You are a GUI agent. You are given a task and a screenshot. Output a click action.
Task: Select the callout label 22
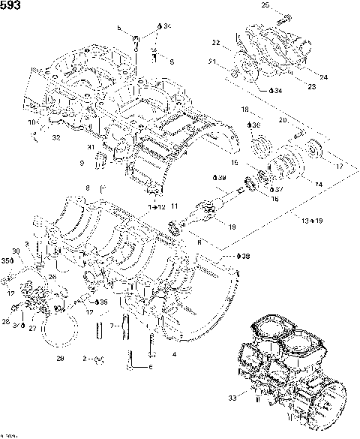tap(215, 42)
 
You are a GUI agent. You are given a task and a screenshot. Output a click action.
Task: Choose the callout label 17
tap(340, 166)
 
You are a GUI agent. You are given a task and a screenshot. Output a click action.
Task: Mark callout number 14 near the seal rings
tap(318, 183)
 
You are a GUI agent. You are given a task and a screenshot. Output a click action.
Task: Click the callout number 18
tap(244, 110)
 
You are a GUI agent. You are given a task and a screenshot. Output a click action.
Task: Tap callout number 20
tap(283, 120)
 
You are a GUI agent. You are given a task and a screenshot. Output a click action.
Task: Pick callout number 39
tap(220, 177)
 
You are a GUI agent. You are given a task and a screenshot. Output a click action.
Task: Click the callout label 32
tap(56, 138)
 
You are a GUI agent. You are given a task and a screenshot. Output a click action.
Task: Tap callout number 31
tap(91, 146)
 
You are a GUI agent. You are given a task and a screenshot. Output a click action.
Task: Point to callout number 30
tap(16, 251)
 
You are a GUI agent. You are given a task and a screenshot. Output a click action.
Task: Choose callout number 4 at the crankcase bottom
tap(175, 353)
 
